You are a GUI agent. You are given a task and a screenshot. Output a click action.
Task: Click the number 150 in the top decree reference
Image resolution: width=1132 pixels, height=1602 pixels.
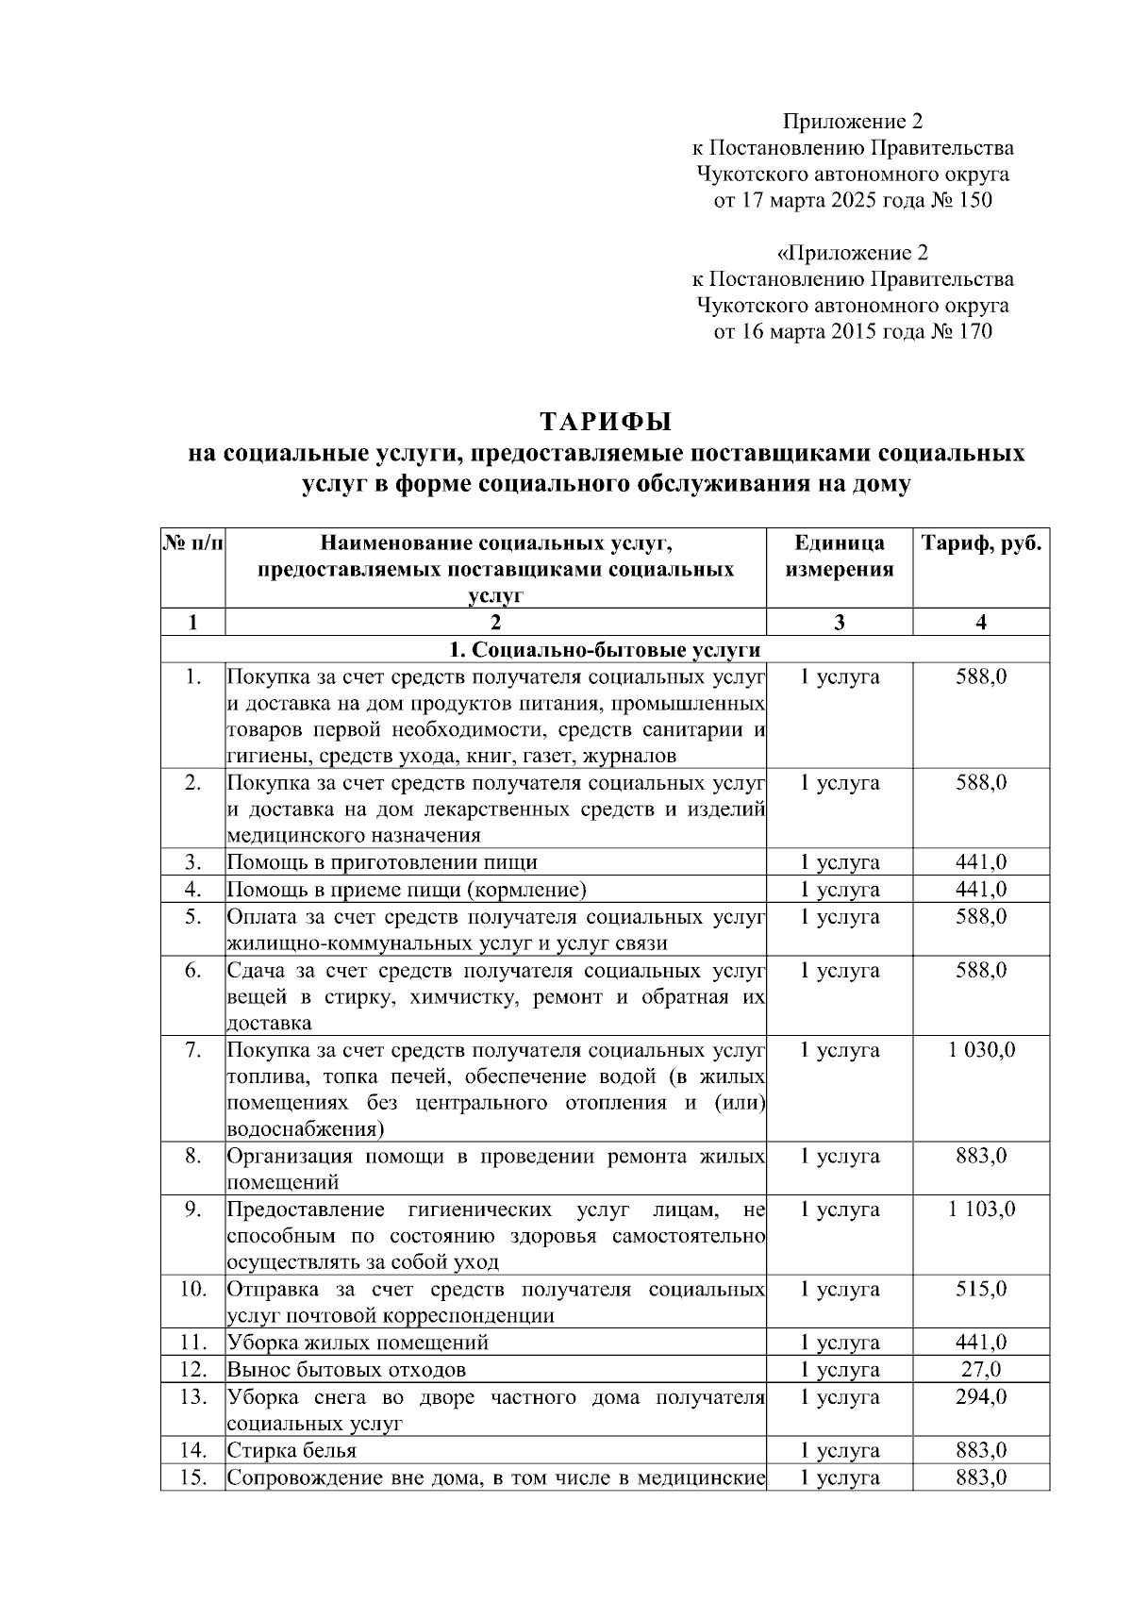(x=974, y=200)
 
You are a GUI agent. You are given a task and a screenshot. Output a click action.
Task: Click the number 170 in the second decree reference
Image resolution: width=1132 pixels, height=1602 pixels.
(x=974, y=331)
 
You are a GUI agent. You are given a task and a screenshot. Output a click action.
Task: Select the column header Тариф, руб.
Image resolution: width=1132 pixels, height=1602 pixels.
(x=981, y=544)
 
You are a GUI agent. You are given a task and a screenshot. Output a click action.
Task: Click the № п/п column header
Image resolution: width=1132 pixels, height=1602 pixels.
(x=193, y=544)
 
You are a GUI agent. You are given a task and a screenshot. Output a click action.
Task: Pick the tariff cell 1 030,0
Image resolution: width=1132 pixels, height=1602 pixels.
(x=981, y=1050)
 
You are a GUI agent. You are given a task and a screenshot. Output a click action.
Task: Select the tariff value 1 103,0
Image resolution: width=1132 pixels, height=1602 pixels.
(x=981, y=1210)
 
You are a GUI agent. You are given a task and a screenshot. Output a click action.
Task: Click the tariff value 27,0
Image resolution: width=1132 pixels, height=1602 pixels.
(x=981, y=1369)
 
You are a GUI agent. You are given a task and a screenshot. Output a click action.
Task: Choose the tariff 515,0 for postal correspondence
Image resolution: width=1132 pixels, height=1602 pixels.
(x=981, y=1289)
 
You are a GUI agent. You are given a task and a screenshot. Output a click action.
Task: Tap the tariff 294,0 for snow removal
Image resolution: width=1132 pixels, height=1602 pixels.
(x=981, y=1396)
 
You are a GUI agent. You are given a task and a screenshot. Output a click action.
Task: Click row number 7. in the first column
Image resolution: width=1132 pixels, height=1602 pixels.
(x=192, y=1050)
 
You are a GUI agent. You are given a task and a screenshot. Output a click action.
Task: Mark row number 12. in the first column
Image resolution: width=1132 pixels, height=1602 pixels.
(x=192, y=1369)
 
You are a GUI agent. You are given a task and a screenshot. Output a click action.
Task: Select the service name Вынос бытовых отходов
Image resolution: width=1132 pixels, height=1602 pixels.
(x=346, y=1369)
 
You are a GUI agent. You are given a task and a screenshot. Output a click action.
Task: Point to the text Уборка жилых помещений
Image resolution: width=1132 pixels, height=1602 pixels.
(x=358, y=1343)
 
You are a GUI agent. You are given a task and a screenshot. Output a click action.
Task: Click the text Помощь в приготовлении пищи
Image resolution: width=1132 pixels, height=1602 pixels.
(x=382, y=862)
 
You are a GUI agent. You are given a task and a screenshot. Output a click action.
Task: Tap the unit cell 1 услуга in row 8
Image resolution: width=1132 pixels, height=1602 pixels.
(x=839, y=1157)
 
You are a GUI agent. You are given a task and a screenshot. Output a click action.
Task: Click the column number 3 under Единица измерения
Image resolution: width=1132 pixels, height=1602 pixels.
(x=839, y=622)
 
